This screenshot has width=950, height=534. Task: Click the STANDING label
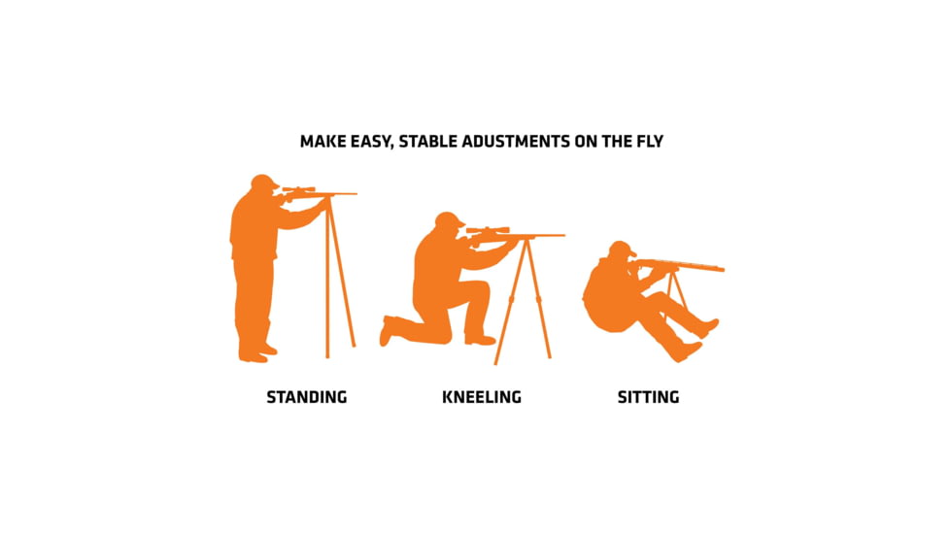point(307,397)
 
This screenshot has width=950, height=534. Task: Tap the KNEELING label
point(482,397)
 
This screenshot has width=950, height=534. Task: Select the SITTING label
point(648,397)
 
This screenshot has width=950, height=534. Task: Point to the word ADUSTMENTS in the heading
point(516,142)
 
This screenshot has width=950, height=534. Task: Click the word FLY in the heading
point(650,142)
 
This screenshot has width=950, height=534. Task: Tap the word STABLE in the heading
point(427,142)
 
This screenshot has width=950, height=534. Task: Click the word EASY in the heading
point(371,142)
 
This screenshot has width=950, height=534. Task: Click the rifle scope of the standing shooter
point(298,190)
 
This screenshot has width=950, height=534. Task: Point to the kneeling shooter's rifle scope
point(488,230)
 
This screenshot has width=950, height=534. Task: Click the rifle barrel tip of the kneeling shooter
point(563,235)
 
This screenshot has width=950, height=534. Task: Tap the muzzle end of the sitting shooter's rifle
point(722,268)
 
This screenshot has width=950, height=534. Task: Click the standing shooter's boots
point(256,353)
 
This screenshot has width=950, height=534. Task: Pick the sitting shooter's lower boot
point(688,351)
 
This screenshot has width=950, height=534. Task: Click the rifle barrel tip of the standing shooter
point(356,194)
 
